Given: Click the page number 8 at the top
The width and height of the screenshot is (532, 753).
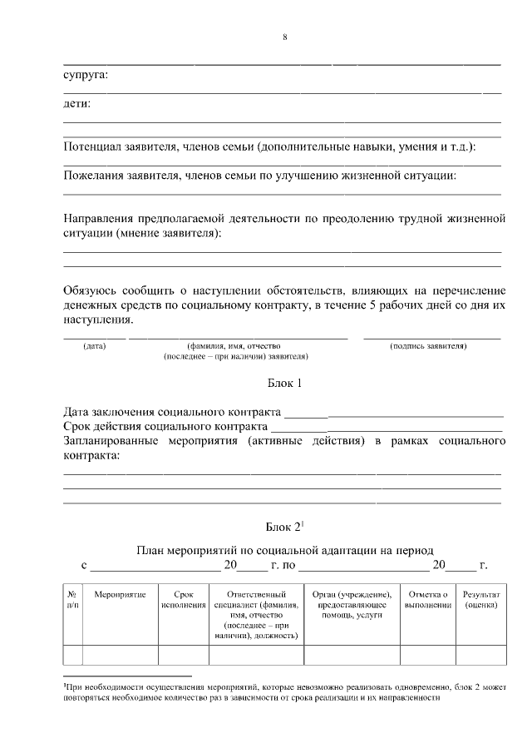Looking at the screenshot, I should tap(284, 36).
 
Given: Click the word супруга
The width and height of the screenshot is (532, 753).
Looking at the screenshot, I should tap(86, 76).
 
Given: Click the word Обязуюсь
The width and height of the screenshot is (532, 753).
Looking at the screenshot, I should tap(91, 290).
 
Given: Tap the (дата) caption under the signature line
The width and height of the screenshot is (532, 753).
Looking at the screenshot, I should tap(95, 345).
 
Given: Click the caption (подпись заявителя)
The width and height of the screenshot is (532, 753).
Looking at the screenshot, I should tap(428, 345).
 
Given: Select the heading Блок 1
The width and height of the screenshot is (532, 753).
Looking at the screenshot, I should tap(283, 384).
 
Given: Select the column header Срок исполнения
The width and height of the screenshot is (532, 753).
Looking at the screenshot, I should tap(184, 601).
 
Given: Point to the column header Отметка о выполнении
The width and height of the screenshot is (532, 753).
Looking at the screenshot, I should tap(428, 601).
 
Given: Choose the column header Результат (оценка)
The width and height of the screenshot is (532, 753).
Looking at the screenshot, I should tap(481, 601).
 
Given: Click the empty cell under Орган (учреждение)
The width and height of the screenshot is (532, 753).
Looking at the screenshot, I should tap(352, 656).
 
